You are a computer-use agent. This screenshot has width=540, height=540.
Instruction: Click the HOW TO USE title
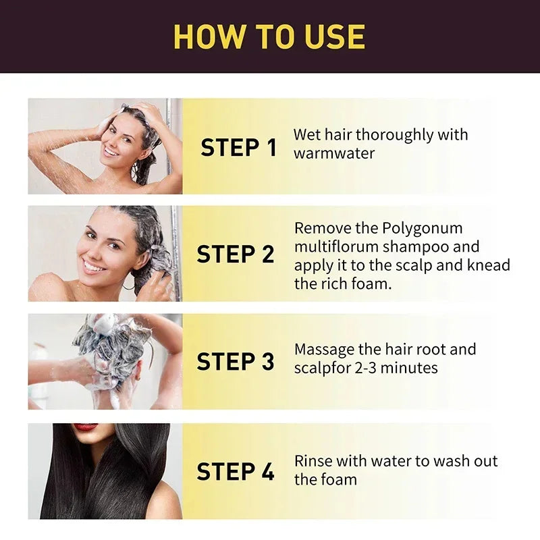coord(269,36)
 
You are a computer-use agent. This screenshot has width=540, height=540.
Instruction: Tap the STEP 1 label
coord(238,147)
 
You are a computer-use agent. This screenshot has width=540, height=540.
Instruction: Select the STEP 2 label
coord(236,254)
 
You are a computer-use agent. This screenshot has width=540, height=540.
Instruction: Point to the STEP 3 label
coord(236,362)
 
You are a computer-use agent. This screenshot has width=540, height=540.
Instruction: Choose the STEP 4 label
coord(236,472)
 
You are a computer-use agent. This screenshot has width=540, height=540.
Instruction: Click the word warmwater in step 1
coord(334,153)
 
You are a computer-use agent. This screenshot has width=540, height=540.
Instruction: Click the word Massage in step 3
coord(325,350)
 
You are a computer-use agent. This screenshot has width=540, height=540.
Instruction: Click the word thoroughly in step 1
coord(395,135)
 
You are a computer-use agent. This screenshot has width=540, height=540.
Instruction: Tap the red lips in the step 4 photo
coord(86,427)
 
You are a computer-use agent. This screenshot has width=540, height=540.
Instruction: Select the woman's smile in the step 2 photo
coord(94,266)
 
